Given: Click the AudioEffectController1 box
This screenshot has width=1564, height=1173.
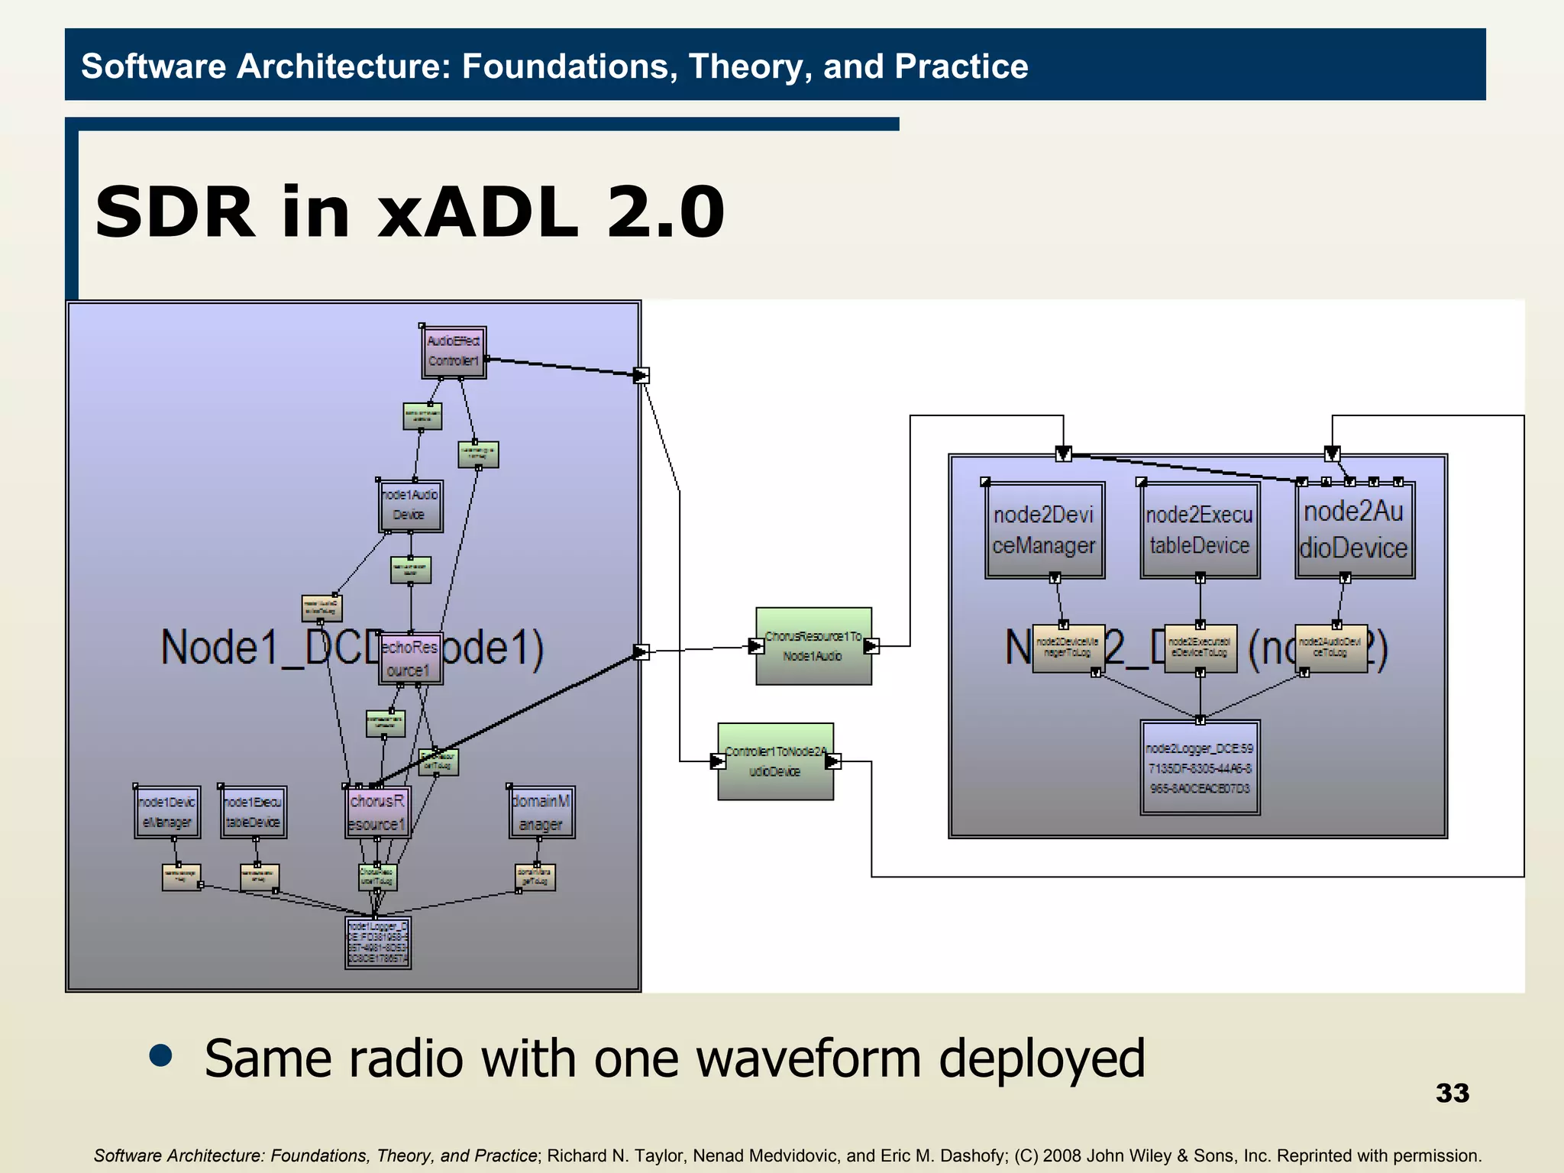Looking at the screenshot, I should point(454,352).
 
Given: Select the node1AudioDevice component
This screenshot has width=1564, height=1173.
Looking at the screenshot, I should point(410,506).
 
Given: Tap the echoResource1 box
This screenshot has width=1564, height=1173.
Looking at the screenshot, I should point(410,658).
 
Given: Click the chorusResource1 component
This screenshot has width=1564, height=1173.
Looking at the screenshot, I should point(377,813).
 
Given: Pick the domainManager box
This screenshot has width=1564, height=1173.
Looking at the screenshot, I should point(541,813).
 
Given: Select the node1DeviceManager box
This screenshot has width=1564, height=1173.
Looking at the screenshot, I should point(167,813).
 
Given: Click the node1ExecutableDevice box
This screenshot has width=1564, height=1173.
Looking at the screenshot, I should point(254,813).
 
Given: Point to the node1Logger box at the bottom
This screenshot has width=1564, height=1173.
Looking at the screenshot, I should point(378,942).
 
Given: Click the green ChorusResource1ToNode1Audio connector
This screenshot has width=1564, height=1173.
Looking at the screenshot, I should point(813,646).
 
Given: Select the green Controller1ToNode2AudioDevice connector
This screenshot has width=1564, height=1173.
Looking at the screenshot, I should point(775,761).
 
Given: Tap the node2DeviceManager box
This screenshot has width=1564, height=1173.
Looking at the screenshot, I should point(1044,530).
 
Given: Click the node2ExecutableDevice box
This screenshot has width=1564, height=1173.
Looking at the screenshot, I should point(1200,530).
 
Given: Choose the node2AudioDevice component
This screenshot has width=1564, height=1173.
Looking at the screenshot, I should point(1354,529).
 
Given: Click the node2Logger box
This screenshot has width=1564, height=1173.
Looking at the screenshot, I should point(1200,767).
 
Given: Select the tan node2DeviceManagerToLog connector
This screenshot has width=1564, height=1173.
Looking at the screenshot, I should point(1068,648).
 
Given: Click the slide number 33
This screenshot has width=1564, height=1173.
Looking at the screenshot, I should point(1452,1093).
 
